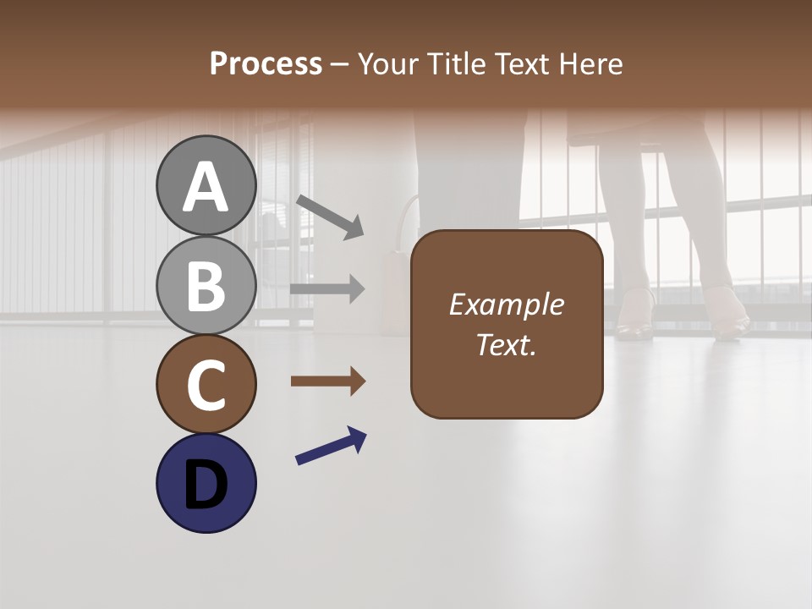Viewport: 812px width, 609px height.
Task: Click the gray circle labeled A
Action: pyautogui.click(x=206, y=185)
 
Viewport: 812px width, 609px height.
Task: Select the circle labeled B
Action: pyautogui.click(x=206, y=285)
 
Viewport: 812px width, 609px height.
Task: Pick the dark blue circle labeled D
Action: pyautogui.click(x=206, y=483)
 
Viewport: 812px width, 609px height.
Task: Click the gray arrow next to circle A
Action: pyautogui.click(x=330, y=216)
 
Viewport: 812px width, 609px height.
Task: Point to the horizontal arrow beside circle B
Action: pyautogui.click(x=327, y=289)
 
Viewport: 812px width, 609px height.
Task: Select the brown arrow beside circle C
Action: pyautogui.click(x=328, y=381)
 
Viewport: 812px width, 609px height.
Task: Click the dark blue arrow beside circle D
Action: pyautogui.click(x=331, y=446)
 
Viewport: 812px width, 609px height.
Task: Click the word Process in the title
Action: pyautogui.click(x=266, y=63)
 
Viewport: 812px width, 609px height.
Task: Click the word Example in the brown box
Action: pyautogui.click(x=506, y=304)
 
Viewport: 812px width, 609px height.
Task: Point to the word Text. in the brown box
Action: pyautogui.click(x=506, y=345)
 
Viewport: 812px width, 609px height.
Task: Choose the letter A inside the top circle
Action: pyautogui.click(x=206, y=187)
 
